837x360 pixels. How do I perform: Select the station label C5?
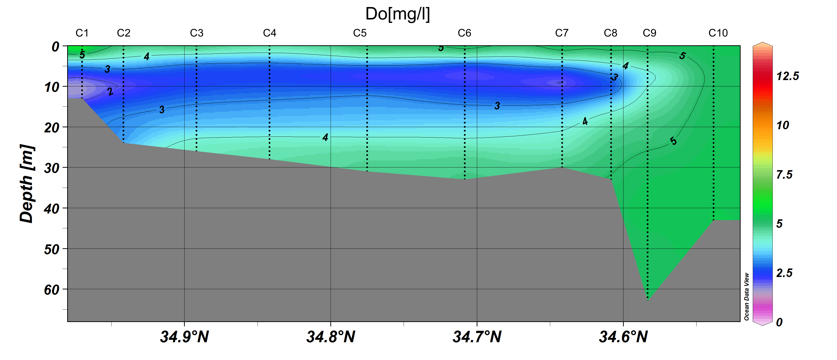[x=360, y=33]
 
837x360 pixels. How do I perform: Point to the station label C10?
[x=718, y=33]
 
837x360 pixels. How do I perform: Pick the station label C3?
[x=196, y=33]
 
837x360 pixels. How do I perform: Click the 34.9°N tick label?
[x=184, y=337]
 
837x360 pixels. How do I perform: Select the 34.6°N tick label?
[x=623, y=337]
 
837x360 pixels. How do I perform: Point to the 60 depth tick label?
[x=52, y=289]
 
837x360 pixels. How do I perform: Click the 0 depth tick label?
[x=56, y=47]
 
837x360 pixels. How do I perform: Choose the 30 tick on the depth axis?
[x=52, y=168]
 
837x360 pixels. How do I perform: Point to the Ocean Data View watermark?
[x=746, y=296]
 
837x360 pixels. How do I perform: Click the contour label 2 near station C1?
[x=111, y=92]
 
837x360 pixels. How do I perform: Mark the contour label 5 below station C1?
[x=82, y=55]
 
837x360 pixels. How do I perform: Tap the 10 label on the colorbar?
[x=783, y=125]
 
